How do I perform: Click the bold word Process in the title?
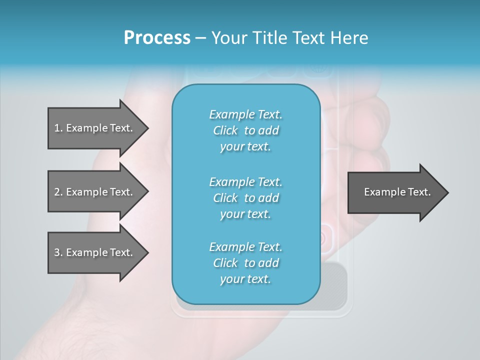157,38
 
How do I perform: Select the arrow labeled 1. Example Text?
95,128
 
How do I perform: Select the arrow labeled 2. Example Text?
95,192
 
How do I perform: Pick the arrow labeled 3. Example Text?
95,252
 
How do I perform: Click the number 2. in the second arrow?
58,192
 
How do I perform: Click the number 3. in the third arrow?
58,252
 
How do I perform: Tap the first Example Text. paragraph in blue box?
245,130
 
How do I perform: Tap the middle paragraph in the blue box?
245,197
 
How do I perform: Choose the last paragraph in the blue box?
245,263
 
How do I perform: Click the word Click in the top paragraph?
225,130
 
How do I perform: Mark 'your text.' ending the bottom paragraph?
245,279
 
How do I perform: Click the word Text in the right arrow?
419,192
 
